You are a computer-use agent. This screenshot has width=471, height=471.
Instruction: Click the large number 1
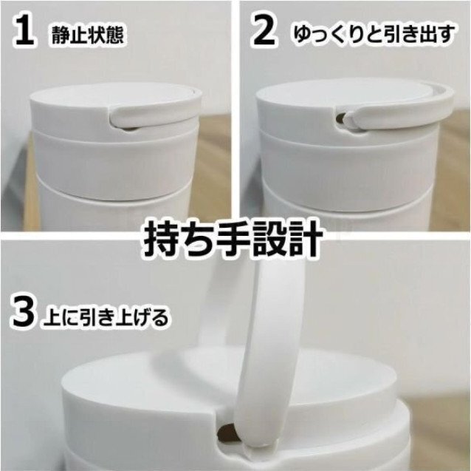24,30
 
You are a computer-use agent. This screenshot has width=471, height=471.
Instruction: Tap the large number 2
264,30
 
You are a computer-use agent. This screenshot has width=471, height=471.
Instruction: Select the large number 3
22,311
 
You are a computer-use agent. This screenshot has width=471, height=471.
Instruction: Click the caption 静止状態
88,35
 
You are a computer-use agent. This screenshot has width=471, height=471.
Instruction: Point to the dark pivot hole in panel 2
340,118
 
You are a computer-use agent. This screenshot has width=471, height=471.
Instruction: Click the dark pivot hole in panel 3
226,433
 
